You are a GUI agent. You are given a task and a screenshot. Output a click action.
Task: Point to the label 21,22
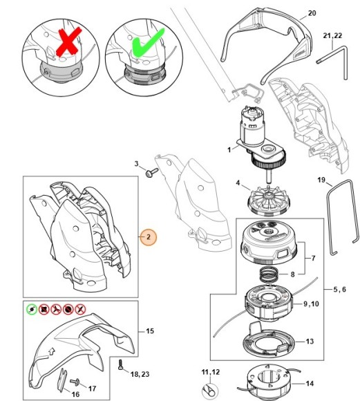pos(332,35)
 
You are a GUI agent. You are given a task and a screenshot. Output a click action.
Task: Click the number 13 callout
pos(310,342)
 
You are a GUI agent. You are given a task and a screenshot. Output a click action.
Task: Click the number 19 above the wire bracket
pos(321,180)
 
